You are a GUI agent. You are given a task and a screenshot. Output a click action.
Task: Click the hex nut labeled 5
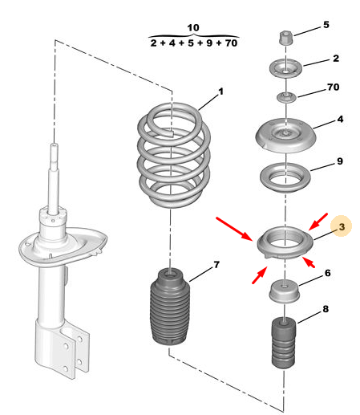286,38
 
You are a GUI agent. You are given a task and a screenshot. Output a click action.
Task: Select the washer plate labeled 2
285,68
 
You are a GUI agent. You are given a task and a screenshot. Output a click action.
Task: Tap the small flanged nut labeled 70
286,97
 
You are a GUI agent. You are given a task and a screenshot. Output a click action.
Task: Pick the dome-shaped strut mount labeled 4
285,135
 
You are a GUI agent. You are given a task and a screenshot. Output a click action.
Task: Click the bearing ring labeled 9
285,177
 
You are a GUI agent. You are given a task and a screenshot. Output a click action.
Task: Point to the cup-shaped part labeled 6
284,291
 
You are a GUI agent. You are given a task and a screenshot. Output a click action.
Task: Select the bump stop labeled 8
284,342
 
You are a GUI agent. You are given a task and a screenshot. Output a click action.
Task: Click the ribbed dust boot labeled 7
170,307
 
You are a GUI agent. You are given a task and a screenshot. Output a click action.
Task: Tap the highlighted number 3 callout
342,227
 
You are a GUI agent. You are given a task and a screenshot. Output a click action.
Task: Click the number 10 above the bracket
193,28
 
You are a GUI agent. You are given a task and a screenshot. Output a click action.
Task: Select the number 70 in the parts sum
231,43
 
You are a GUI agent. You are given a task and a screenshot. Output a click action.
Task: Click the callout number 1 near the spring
220,92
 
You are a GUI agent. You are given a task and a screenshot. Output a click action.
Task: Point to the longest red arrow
234,229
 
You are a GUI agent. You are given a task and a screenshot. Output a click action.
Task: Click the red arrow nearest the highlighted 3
318,222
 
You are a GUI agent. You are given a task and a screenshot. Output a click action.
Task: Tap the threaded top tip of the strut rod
55,147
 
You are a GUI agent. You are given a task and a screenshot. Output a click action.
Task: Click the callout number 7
216,265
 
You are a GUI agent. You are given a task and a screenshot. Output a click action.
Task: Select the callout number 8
326,309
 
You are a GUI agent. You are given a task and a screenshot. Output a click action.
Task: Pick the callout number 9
340,161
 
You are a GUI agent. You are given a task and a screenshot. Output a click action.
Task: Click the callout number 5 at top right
326,25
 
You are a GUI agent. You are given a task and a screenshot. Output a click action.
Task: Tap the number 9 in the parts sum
209,43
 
